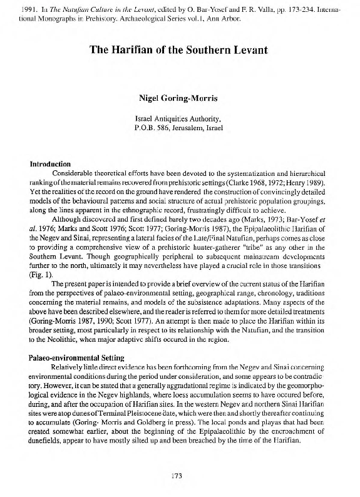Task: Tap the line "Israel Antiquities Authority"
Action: [x=180, y=118]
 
